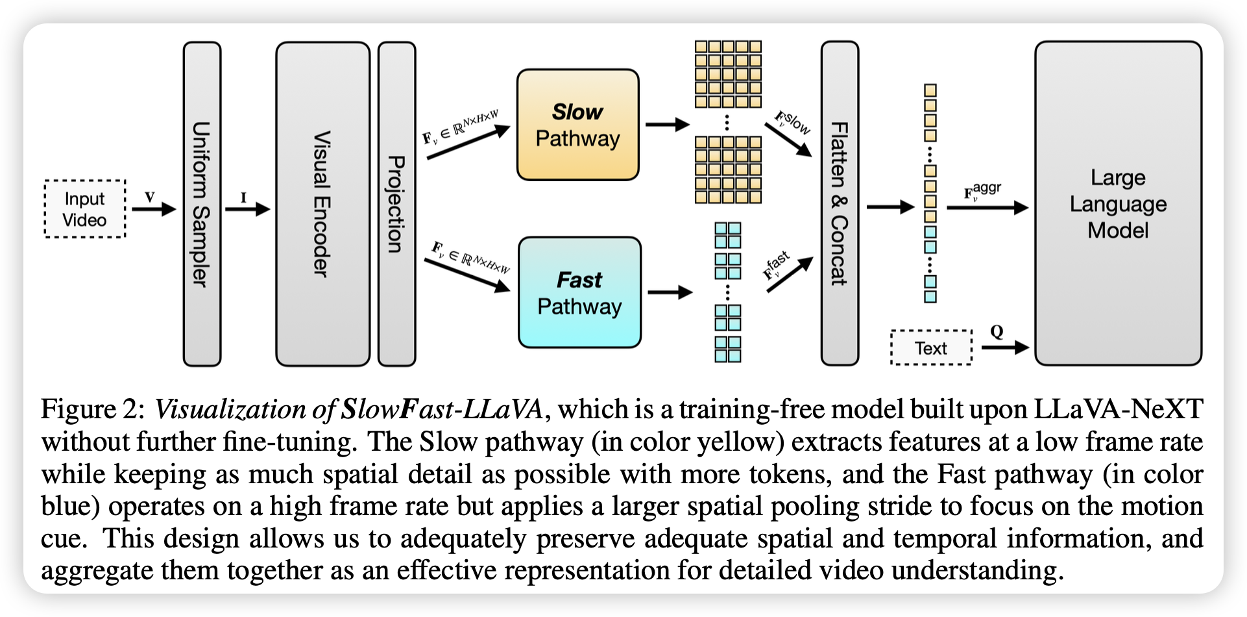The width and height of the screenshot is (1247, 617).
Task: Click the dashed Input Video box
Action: (85, 209)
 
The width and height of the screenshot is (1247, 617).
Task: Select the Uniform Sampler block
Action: (202, 204)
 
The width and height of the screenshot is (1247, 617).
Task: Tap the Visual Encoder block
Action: (322, 204)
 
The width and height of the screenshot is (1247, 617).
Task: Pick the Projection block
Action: (396, 204)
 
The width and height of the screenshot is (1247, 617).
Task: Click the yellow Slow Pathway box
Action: (577, 125)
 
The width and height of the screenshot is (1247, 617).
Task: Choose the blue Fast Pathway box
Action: (579, 292)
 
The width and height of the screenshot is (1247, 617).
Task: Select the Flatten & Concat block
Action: (840, 203)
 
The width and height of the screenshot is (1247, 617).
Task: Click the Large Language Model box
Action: (1118, 203)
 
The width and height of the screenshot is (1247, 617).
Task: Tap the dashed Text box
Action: (931, 348)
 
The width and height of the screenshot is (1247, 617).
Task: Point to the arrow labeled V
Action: (154, 209)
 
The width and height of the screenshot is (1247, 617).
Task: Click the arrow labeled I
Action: (247, 209)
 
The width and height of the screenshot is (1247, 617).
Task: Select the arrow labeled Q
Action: (1005, 347)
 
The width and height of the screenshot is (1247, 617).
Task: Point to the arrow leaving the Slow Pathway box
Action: (667, 124)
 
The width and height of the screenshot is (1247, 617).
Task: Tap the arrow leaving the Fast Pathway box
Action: (670, 292)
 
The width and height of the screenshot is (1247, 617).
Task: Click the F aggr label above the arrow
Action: (982, 191)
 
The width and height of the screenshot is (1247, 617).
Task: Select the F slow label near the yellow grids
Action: (793, 122)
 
